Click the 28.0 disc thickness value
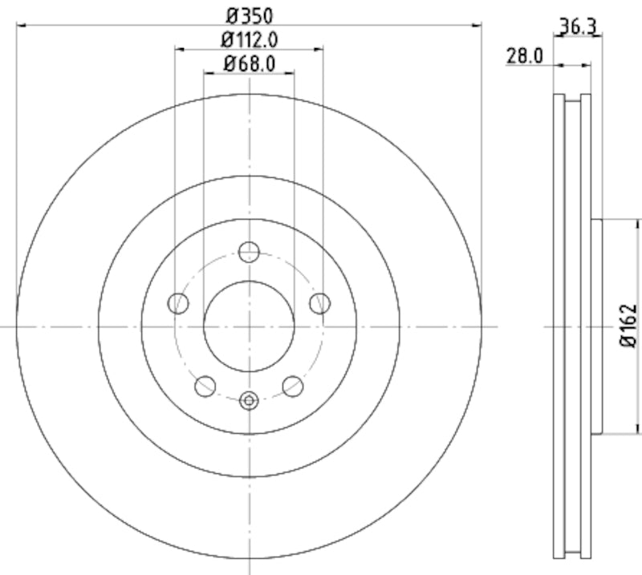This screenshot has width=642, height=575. pos(526,55)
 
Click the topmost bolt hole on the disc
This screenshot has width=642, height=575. pos(249,251)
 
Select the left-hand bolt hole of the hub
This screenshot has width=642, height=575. pos(178,303)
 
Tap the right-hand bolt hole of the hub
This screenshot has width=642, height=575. pos(319,303)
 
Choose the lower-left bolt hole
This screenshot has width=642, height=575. pos(205,386)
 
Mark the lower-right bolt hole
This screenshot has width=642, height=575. pos(293,386)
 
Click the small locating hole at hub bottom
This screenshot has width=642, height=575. pos(249,399)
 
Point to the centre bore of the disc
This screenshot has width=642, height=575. pos(249,326)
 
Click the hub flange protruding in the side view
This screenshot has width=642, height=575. pos(596,326)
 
